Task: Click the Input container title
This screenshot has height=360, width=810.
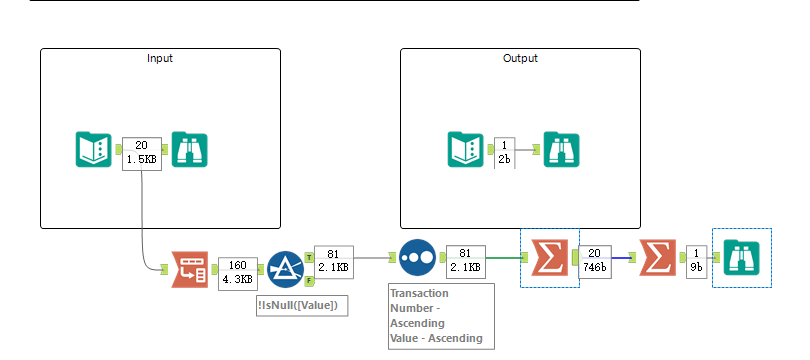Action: (160, 58)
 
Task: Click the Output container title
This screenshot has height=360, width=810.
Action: (520, 58)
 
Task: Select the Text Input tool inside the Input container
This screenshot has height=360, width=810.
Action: (94, 149)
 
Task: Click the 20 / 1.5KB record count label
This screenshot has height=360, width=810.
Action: (141, 153)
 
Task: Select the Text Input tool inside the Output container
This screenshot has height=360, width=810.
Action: (465, 149)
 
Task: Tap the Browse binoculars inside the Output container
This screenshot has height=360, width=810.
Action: (561, 149)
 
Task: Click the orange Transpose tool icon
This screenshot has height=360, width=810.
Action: (190, 269)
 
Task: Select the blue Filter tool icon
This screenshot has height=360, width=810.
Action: (285, 269)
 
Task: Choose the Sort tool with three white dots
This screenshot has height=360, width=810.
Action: (417, 258)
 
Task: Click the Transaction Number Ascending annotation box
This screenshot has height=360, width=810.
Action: (441, 316)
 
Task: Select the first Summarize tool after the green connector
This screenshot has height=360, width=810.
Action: (549, 258)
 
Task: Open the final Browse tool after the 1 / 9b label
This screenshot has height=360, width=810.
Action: (741, 258)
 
